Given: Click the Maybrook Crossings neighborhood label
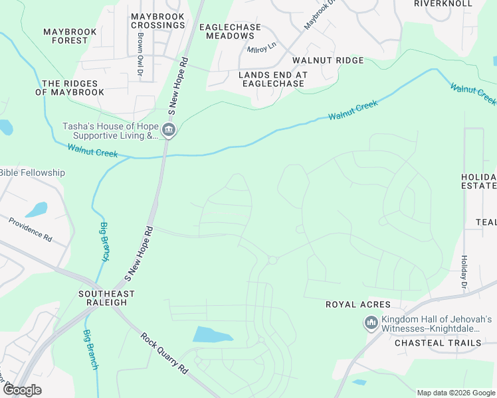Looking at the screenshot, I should (x=157, y=21).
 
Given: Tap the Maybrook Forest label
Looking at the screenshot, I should (x=65, y=36).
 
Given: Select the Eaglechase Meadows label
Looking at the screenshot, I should (x=230, y=31).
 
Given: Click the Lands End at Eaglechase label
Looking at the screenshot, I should (x=271, y=79).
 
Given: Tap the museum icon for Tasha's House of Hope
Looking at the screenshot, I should (x=169, y=130).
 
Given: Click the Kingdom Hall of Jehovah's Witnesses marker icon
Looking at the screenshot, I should (x=371, y=323).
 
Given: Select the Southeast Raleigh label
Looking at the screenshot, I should (x=106, y=298).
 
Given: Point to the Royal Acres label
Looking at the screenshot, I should (x=357, y=304).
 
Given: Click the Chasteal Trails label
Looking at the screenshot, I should (x=438, y=343).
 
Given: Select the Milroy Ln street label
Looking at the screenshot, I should (x=260, y=49).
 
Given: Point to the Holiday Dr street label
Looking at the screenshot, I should (x=464, y=273).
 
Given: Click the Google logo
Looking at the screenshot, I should (x=22, y=390).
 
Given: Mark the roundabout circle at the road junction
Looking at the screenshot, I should (x=272, y=260).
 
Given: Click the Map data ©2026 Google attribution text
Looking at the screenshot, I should (x=455, y=393).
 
